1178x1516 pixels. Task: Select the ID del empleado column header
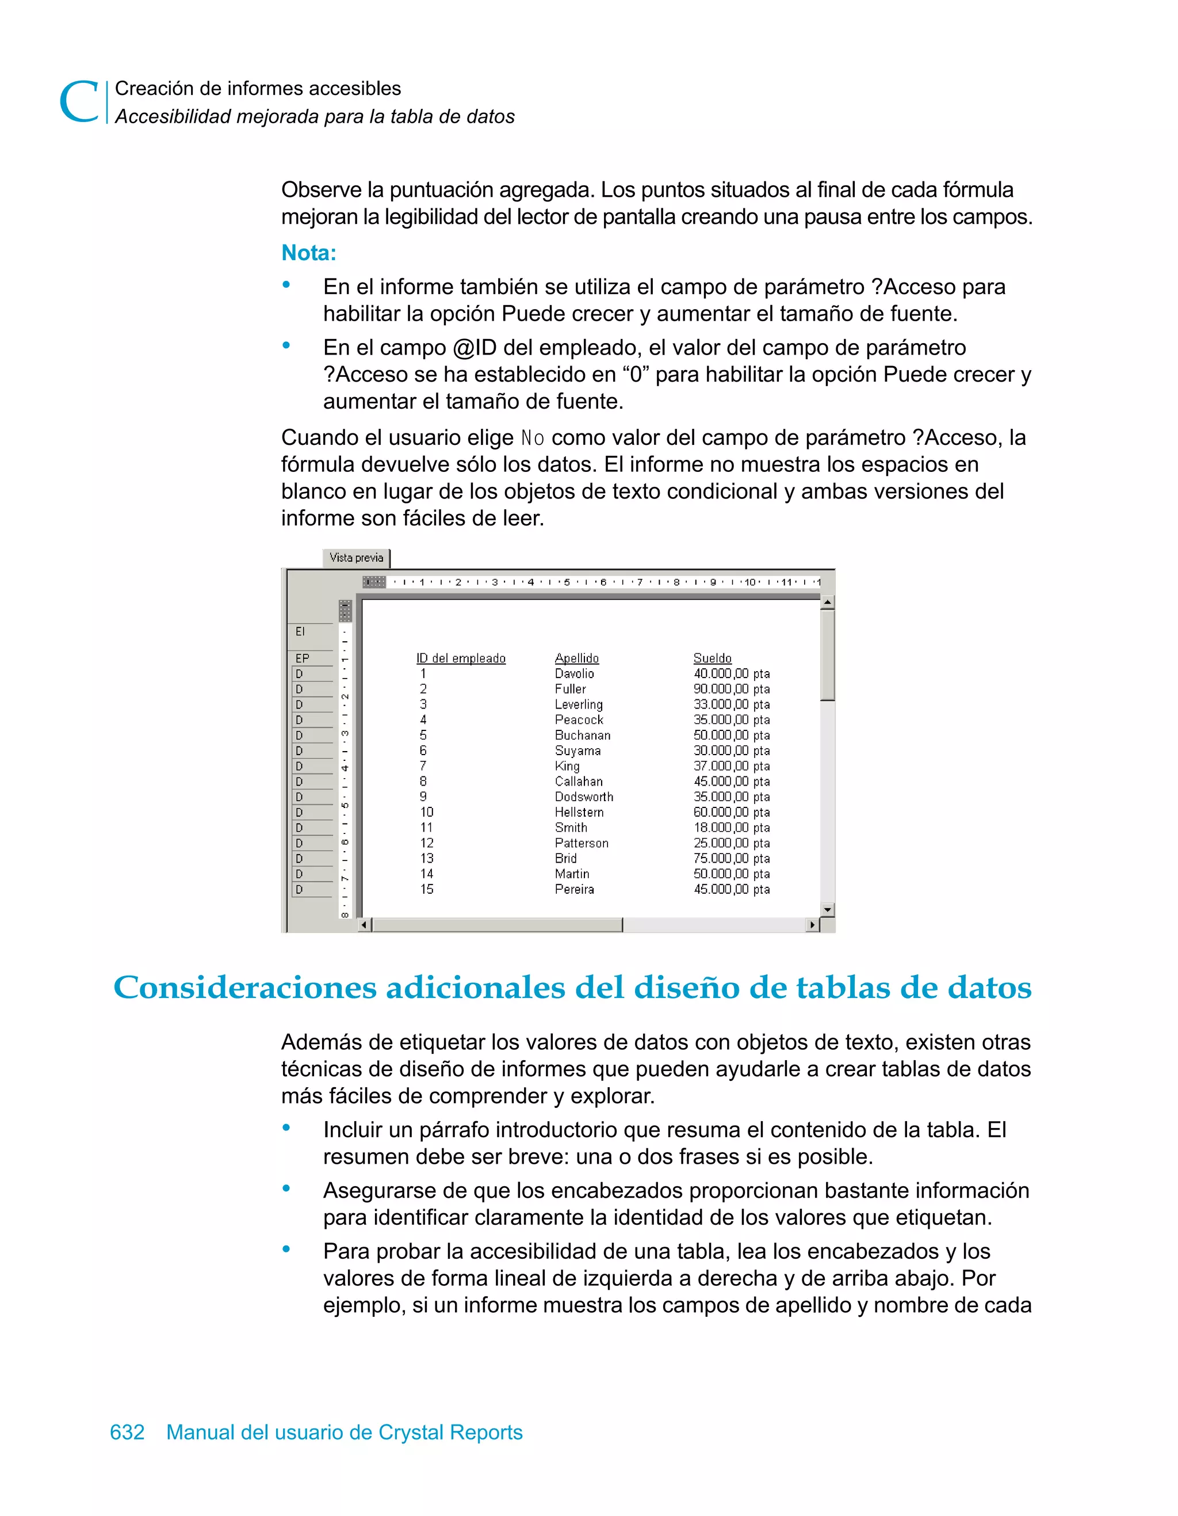461,658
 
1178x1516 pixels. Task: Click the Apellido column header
576,658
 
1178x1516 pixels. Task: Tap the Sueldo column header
713,658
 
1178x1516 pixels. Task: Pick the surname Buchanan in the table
582,735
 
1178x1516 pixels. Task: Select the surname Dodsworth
583,797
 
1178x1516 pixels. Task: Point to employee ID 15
427,889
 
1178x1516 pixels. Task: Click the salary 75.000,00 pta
731,859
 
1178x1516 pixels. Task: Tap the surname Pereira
573,889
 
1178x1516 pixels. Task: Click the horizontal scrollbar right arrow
812,924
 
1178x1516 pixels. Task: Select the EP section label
303,658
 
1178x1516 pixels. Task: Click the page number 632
127,1432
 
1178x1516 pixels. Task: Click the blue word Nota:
309,253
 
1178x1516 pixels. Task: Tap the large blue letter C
78,102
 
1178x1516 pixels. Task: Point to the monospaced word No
532,438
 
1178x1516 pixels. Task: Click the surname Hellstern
579,812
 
